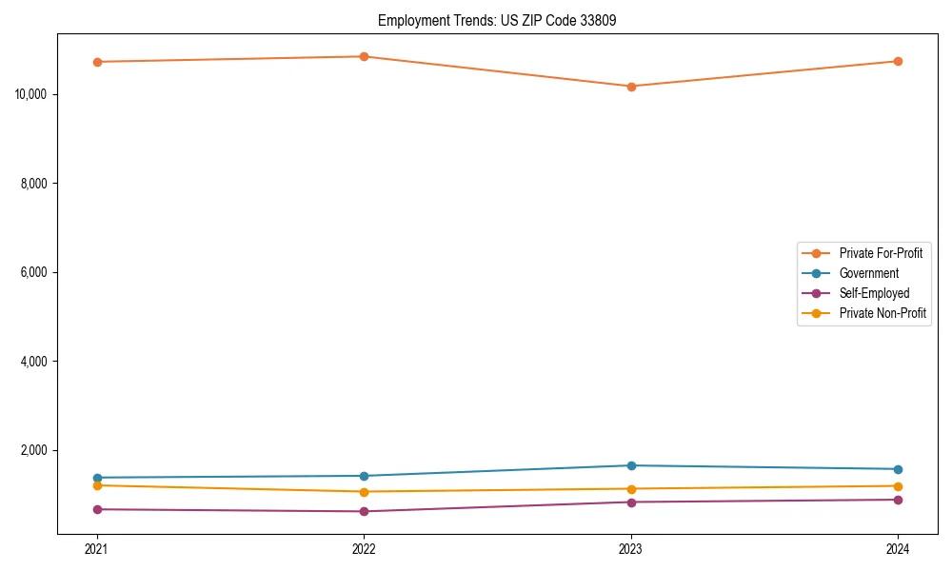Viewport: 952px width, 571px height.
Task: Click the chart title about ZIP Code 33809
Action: [497, 20]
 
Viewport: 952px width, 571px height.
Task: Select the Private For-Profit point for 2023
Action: [631, 87]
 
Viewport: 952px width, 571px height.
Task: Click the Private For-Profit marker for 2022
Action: [364, 56]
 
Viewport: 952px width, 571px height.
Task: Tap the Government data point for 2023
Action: [631, 465]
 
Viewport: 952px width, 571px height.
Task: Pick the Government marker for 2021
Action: [96, 478]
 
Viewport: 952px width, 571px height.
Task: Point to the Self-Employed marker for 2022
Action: [364, 511]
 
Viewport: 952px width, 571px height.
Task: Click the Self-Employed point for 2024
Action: [898, 500]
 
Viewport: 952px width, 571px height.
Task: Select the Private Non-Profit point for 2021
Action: [96, 485]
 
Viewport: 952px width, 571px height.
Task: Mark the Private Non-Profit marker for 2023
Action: [631, 489]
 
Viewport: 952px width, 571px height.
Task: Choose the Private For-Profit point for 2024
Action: [898, 61]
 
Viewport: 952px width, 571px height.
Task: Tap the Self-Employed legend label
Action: [874, 293]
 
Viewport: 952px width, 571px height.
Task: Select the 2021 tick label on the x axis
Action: [96, 548]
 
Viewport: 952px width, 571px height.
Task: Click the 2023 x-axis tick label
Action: [631, 548]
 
